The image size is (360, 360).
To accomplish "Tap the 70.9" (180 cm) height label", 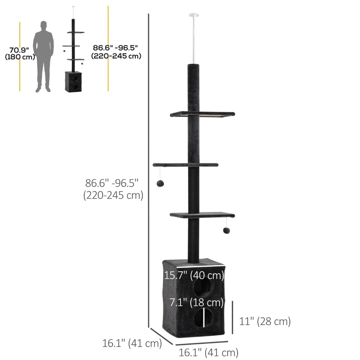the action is click(x=20, y=53).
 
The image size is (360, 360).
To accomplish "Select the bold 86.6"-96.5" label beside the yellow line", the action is click(x=116, y=52).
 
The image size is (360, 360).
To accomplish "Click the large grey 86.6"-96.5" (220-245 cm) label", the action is click(x=113, y=189).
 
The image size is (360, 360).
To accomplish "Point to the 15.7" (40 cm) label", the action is click(x=194, y=275).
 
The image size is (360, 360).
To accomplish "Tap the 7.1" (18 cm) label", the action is click(x=196, y=302).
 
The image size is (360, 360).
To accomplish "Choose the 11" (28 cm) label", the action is click(x=265, y=321).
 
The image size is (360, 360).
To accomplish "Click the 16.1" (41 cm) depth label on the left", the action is click(x=132, y=343).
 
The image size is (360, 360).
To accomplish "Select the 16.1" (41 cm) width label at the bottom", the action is click(x=208, y=353).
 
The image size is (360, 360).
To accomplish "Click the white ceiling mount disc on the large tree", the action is click(x=194, y=15).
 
